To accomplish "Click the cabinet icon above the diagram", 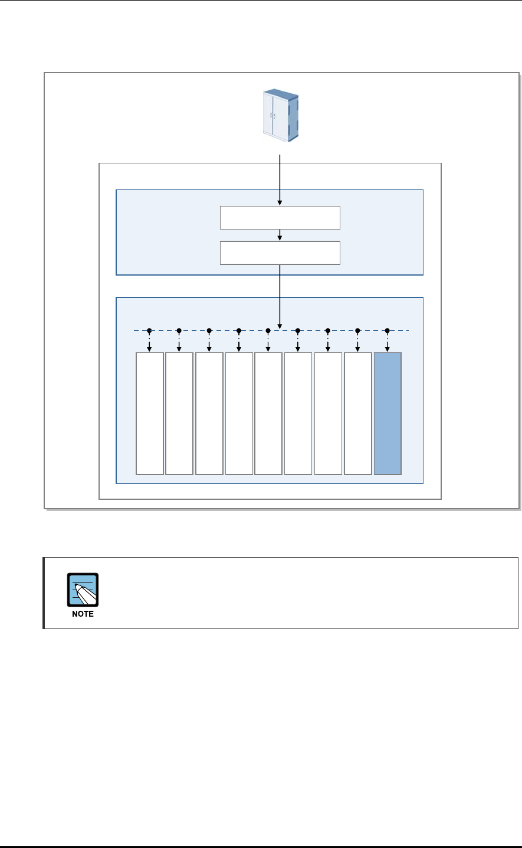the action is coord(280,115).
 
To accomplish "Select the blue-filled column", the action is coord(388,413).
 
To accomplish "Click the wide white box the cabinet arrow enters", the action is coord(280,217).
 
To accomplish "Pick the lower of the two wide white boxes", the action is coord(280,253).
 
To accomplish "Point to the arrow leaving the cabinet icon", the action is coord(280,177).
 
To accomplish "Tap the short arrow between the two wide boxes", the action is coord(280,235).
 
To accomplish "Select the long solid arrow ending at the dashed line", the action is coord(280,295).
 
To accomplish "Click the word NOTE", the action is coord(83,614).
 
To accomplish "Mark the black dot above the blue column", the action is coord(387,330).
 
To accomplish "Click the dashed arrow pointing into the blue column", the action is coord(387,342).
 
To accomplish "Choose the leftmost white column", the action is coord(150,413).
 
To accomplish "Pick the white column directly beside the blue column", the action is coord(358,413).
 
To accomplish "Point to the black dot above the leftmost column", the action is coord(150,330).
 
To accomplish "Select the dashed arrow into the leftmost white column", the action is coord(150,342).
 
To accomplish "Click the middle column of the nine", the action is coord(268,413).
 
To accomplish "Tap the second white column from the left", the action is coord(179,413).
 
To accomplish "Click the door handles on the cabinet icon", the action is coord(273,116).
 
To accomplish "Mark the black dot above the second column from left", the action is coord(179,330).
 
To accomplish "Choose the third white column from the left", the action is coord(209,413).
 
